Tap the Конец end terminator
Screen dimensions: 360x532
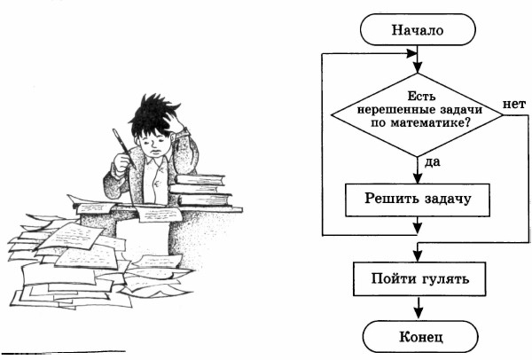[417, 337]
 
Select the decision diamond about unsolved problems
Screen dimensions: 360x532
[417, 114]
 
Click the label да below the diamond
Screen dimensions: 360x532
[433, 163]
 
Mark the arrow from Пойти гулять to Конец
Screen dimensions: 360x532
[417, 309]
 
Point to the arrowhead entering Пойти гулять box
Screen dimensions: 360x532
[417, 257]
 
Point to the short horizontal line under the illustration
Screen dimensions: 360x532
[70, 351]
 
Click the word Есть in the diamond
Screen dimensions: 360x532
[418, 94]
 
